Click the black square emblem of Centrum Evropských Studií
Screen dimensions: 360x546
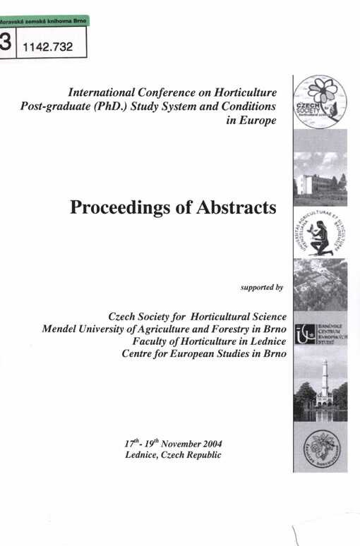coord(304,332)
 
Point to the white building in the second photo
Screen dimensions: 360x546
coord(311,184)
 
